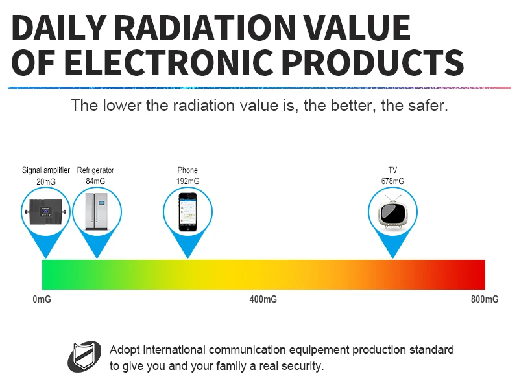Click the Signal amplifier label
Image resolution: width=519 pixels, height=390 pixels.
(45, 170)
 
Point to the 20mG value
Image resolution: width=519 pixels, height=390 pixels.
(45, 182)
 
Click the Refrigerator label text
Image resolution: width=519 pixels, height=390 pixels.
(95, 170)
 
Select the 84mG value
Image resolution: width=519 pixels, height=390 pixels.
(95, 181)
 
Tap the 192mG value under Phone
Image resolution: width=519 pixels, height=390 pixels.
(187, 181)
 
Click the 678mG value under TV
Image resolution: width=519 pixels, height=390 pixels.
(392, 181)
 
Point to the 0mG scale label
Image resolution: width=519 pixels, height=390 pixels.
(42, 299)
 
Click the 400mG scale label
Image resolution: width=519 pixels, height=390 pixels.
(263, 299)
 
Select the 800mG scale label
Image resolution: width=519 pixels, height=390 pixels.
(485, 299)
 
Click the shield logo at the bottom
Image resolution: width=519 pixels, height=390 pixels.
(85, 357)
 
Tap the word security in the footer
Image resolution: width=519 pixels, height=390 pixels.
(299, 366)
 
